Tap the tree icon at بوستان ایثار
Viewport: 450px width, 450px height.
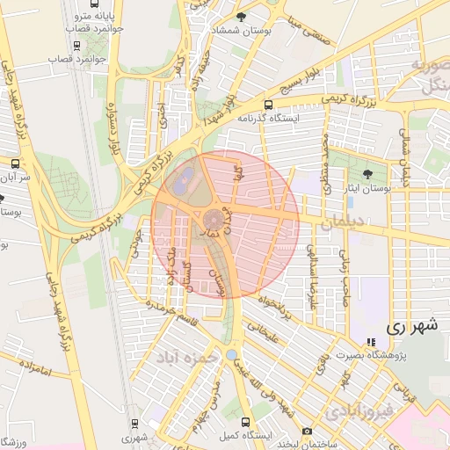[x=367, y=173]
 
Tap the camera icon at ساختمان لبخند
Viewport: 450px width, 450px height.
[x=307, y=431]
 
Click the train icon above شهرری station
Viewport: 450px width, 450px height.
[x=134, y=423]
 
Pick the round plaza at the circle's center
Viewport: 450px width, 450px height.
[x=214, y=219]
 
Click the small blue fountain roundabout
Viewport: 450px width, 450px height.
[x=230, y=353]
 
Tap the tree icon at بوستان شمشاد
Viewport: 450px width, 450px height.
[x=254, y=17]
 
